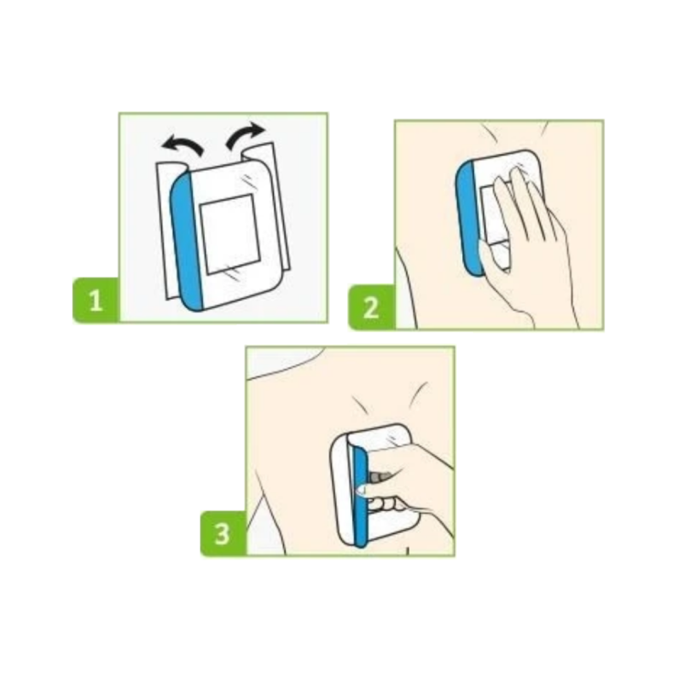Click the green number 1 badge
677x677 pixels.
[x=96, y=300]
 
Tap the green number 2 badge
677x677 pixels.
[x=372, y=307]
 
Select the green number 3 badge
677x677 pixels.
[x=223, y=534]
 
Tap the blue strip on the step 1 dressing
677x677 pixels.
[x=187, y=241]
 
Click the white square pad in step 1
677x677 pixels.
[x=228, y=234]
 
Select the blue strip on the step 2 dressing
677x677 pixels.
[x=468, y=218]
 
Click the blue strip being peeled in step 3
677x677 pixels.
[x=359, y=497]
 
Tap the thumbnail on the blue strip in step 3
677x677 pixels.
[x=360, y=489]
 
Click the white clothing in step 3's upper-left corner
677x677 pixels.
[x=281, y=361]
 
